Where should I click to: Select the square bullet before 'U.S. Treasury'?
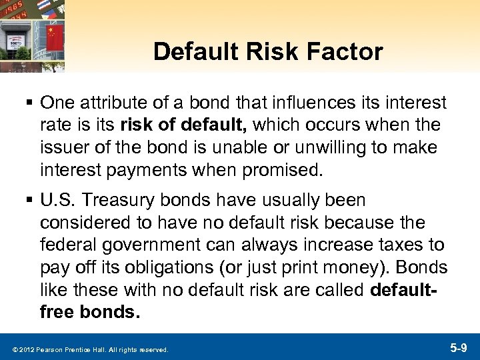coord(29,200)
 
